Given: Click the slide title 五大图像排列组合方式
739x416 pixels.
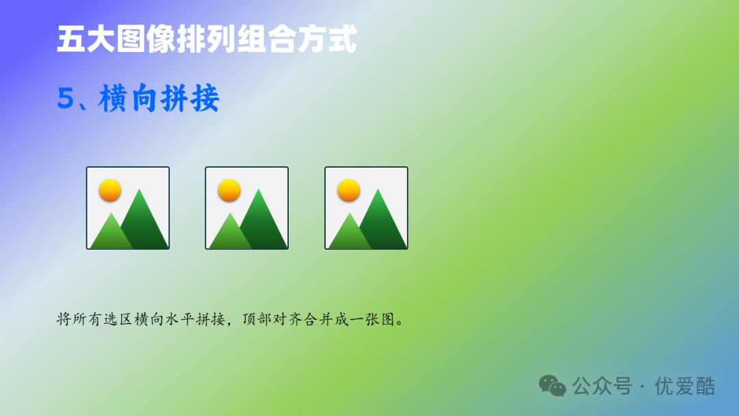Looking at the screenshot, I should [207, 40].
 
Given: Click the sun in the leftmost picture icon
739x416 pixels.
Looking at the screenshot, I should [109, 190].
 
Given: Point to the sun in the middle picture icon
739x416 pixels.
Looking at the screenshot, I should [229, 190].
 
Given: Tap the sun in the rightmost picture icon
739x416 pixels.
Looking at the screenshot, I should [348, 190].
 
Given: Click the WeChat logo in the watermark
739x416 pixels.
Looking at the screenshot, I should [552, 386].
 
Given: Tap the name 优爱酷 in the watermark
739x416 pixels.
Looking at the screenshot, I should [684, 386].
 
